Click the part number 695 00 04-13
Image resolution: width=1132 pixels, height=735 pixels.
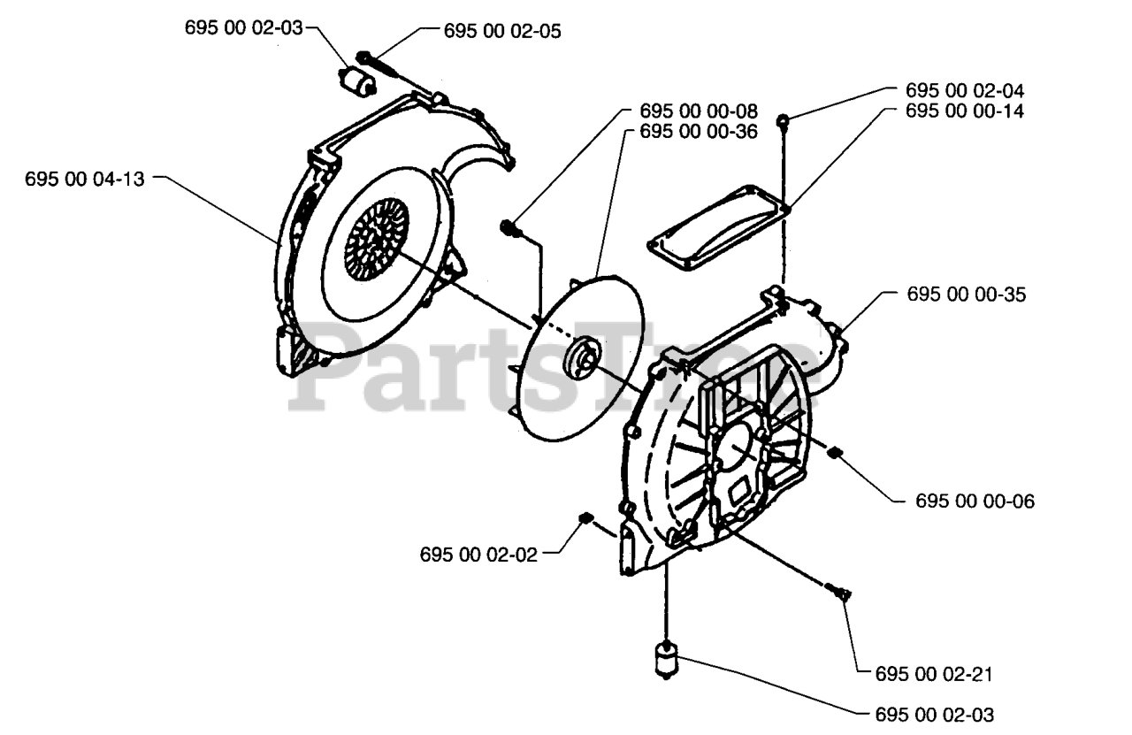click(84, 180)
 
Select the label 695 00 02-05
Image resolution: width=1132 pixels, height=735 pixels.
click(502, 31)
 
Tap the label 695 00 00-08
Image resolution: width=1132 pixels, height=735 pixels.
click(699, 111)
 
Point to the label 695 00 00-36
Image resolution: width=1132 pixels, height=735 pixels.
click(699, 132)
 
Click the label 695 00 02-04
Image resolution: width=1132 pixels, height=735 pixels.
click(965, 91)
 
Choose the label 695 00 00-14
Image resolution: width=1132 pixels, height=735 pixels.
click(965, 111)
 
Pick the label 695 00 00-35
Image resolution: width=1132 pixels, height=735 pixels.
click(967, 295)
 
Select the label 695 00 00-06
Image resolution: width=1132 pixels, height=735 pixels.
click(975, 501)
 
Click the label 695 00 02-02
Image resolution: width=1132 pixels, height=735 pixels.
click(478, 555)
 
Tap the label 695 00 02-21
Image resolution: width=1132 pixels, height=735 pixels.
click(934, 674)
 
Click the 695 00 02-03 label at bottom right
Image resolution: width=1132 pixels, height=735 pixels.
click(935, 716)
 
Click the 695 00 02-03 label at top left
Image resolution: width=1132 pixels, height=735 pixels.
click(243, 27)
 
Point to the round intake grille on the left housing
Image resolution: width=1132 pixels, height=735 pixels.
click(377, 239)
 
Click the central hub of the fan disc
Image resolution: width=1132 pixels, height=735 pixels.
click(583, 360)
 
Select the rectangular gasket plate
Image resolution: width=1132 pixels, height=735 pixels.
click(719, 227)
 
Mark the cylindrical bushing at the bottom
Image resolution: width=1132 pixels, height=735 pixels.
click(667, 659)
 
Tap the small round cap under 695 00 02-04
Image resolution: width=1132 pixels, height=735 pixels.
click(783, 121)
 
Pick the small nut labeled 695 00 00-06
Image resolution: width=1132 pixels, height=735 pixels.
click(834, 453)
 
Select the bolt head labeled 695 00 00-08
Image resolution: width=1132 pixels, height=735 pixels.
click(510, 229)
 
